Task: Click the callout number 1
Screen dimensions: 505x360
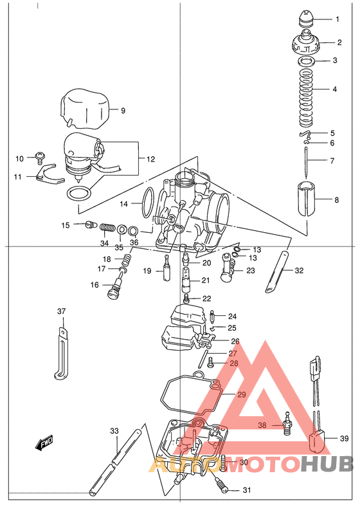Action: click(x=337, y=19)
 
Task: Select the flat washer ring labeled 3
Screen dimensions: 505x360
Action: click(x=307, y=61)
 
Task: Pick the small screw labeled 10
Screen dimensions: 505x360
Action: click(x=40, y=156)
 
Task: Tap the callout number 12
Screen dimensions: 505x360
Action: click(x=150, y=159)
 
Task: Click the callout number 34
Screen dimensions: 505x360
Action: click(x=104, y=243)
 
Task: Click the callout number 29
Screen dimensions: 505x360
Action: click(x=241, y=394)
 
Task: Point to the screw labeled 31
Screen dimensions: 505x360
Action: click(x=223, y=488)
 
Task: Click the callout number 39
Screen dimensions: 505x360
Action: click(x=344, y=439)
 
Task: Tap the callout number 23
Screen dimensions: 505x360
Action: click(x=250, y=271)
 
